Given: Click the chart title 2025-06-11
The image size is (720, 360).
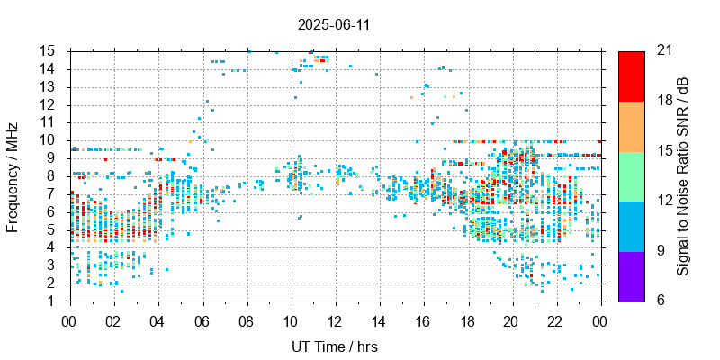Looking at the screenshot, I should coord(334,24).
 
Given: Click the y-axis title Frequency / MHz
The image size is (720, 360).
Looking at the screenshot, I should coord(13,175).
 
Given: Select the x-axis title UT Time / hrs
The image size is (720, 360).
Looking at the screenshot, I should coord(334,346).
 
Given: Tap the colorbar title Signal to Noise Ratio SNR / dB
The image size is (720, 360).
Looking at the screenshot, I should coord(683,175).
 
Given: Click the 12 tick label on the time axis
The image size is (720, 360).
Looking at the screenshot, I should coord(335,319).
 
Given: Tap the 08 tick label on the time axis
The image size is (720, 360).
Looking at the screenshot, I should coord(247,319).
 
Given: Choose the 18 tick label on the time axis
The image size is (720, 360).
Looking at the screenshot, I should coord(468,319).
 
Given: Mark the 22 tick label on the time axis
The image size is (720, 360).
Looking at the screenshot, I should coord(556,319).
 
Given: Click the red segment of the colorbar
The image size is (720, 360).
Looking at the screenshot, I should coord(631,76).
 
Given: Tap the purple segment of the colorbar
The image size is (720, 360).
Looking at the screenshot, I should coord(631,275).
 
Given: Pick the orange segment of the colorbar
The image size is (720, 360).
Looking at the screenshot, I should coord(631,125).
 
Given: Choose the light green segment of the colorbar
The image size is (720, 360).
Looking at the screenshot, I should coord(631,175).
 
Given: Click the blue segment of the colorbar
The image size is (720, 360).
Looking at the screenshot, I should coord(631,225).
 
